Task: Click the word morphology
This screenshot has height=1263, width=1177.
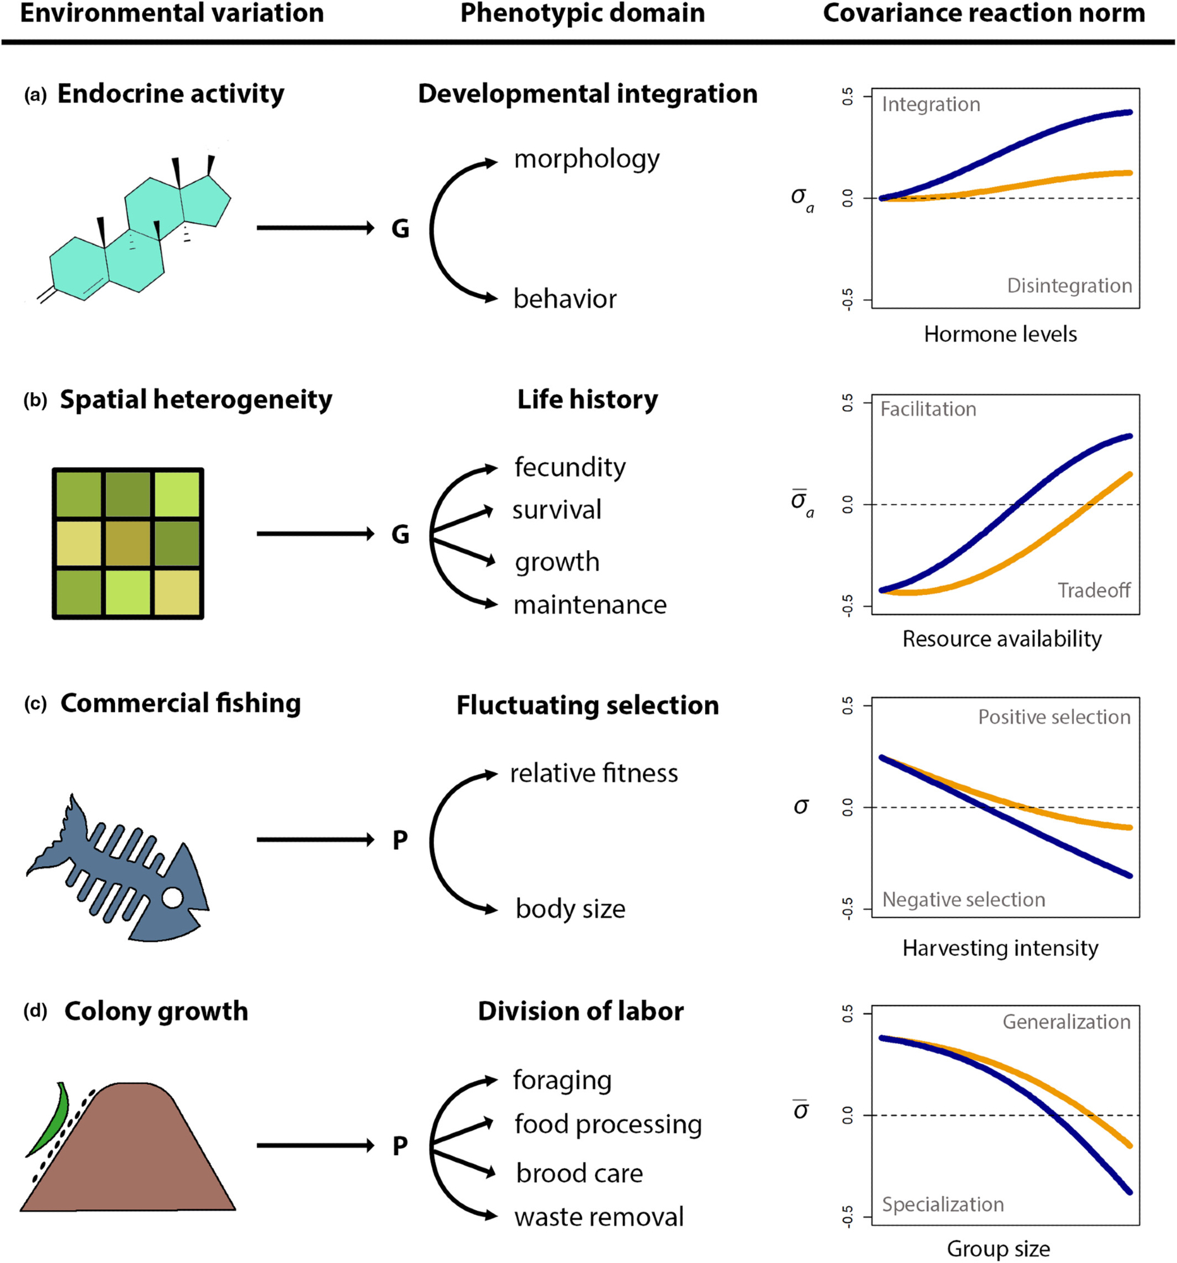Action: pyautogui.click(x=586, y=160)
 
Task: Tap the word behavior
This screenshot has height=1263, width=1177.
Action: pyautogui.click(x=564, y=299)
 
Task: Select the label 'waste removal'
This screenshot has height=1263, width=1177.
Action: pyautogui.click(x=599, y=1217)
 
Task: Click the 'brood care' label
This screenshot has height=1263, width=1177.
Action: pyautogui.click(x=579, y=1173)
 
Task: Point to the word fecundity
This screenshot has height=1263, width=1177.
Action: pyautogui.click(x=569, y=467)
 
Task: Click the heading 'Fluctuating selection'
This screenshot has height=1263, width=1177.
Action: pyautogui.click(x=587, y=705)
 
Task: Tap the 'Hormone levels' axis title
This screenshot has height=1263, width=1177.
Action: pyautogui.click(x=999, y=334)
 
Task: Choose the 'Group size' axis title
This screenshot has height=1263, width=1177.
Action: pyautogui.click(x=998, y=1248)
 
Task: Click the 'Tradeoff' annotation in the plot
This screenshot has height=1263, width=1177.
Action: pyautogui.click(x=1093, y=590)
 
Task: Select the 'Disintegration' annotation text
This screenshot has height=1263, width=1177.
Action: pyautogui.click(x=1069, y=286)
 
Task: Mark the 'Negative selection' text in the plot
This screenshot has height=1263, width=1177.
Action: pyautogui.click(x=963, y=900)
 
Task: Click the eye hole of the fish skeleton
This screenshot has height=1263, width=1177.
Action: pyautogui.click(x=172, y=899)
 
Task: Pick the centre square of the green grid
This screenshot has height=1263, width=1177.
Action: pyautogui.click(x=128, y=543)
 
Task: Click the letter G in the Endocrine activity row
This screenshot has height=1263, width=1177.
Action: pyautogui.click(x=400, y=229)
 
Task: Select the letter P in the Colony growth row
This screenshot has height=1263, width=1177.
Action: pyautogui.click(x=400, y=1146)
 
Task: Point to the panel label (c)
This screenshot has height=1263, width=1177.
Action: pyautogui.click(x=35, y=705)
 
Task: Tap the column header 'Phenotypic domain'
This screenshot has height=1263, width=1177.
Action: pyautogui.click(x=582, y=14)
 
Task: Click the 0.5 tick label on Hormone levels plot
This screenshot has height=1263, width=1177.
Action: pyautogui.click(x=848, y=97)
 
